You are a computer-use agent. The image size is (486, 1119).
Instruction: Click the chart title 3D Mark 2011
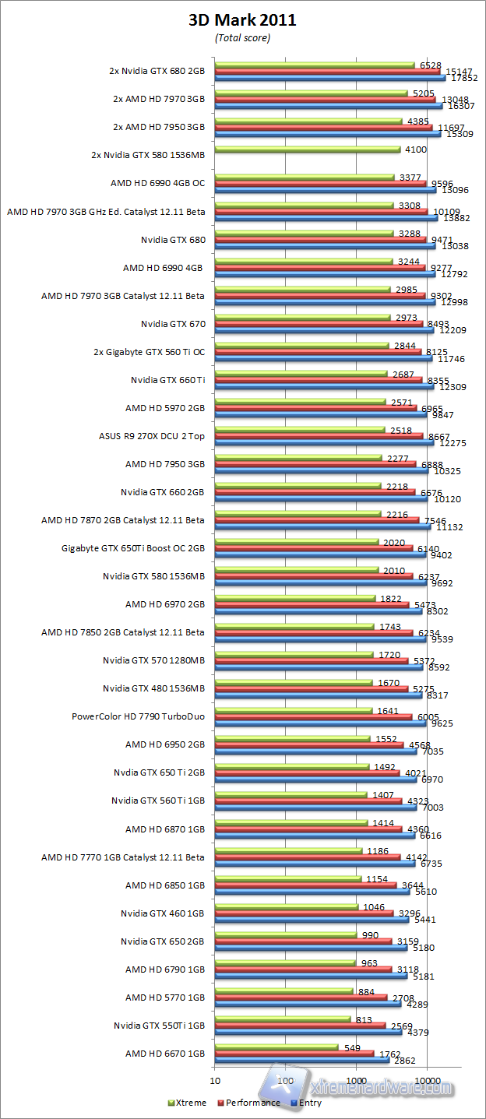(242, 21)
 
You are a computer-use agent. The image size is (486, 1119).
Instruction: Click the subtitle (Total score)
(242, 37)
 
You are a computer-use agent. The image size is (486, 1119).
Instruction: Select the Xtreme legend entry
(188, 1103)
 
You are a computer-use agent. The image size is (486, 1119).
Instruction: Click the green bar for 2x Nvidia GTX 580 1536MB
(308, 149)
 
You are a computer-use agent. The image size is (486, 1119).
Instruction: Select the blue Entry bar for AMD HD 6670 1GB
(302, 1059)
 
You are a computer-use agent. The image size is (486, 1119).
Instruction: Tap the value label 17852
(464, 79)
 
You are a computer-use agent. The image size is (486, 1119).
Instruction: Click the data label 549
(352, 1047)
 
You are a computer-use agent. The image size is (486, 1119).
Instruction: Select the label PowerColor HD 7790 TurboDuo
(139, 716)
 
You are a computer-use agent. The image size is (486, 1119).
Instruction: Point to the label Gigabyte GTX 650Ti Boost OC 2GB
(133, 548)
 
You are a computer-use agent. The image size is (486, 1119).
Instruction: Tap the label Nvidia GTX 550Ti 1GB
(159, 1025)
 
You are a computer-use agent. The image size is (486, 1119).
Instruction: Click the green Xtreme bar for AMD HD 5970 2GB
(300, 401)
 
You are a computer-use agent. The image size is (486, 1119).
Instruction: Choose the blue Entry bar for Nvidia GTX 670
(324, 330)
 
